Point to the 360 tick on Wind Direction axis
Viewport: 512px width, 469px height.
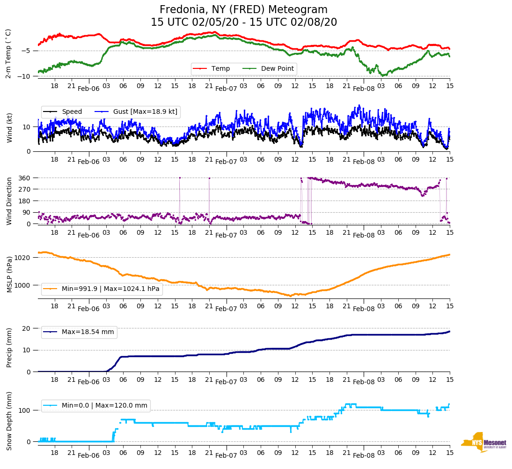tap(25, 178)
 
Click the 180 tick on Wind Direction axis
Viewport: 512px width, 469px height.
tap(25, 201)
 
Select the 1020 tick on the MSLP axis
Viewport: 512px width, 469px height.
tap(22, 258)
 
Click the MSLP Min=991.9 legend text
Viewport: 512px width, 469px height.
tap(110, 289)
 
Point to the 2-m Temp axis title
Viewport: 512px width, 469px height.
tap(8, 53)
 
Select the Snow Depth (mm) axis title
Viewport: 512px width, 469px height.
tap(8, 421)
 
